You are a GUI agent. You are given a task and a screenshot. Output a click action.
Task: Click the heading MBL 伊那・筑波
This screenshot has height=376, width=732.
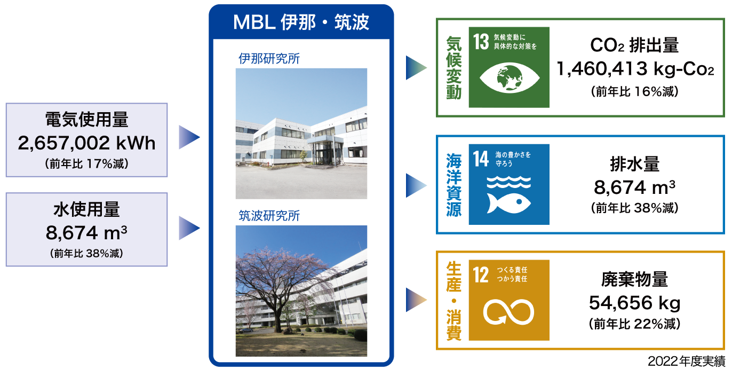(x=301, y=22)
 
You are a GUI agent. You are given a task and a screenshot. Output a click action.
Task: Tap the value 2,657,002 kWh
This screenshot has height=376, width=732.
(x=86, y=143)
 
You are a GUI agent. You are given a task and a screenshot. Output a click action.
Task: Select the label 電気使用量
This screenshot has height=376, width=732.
(x=86, y=120)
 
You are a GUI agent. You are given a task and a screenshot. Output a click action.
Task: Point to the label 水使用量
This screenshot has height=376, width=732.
(x=86, y=209)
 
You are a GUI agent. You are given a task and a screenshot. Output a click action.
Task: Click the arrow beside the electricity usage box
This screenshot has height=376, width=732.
(x=189, y=137)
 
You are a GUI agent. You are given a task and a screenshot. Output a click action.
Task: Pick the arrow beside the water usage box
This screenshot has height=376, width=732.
(x=189, y=228)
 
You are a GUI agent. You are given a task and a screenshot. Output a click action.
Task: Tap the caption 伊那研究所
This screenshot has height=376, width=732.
(x=269, y=59)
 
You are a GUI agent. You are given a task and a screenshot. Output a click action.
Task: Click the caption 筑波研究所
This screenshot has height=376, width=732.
(x=269, y=216)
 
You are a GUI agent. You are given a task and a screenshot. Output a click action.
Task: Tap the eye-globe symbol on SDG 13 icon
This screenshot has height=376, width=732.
(x=509, y=78)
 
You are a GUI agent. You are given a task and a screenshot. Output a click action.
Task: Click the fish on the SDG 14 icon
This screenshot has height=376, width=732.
(x=508, y=203)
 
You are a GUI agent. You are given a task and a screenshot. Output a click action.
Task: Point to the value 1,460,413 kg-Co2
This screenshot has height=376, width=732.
(x=635, y=69)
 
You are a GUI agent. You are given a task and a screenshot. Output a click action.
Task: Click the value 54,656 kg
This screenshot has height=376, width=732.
(x=634, y=303)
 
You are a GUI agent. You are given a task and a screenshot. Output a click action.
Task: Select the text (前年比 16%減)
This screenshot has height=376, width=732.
(x=634, y=91)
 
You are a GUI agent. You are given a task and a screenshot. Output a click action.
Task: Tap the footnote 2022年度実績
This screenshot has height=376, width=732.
(x=686, y=361)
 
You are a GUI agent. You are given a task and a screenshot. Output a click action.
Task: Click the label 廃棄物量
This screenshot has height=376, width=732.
(x=634, y=279)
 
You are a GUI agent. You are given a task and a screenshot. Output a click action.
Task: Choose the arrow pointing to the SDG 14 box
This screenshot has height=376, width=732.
(x=416, y=185)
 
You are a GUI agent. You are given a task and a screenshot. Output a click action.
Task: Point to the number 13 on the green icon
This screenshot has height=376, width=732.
(x=481, y=42)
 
